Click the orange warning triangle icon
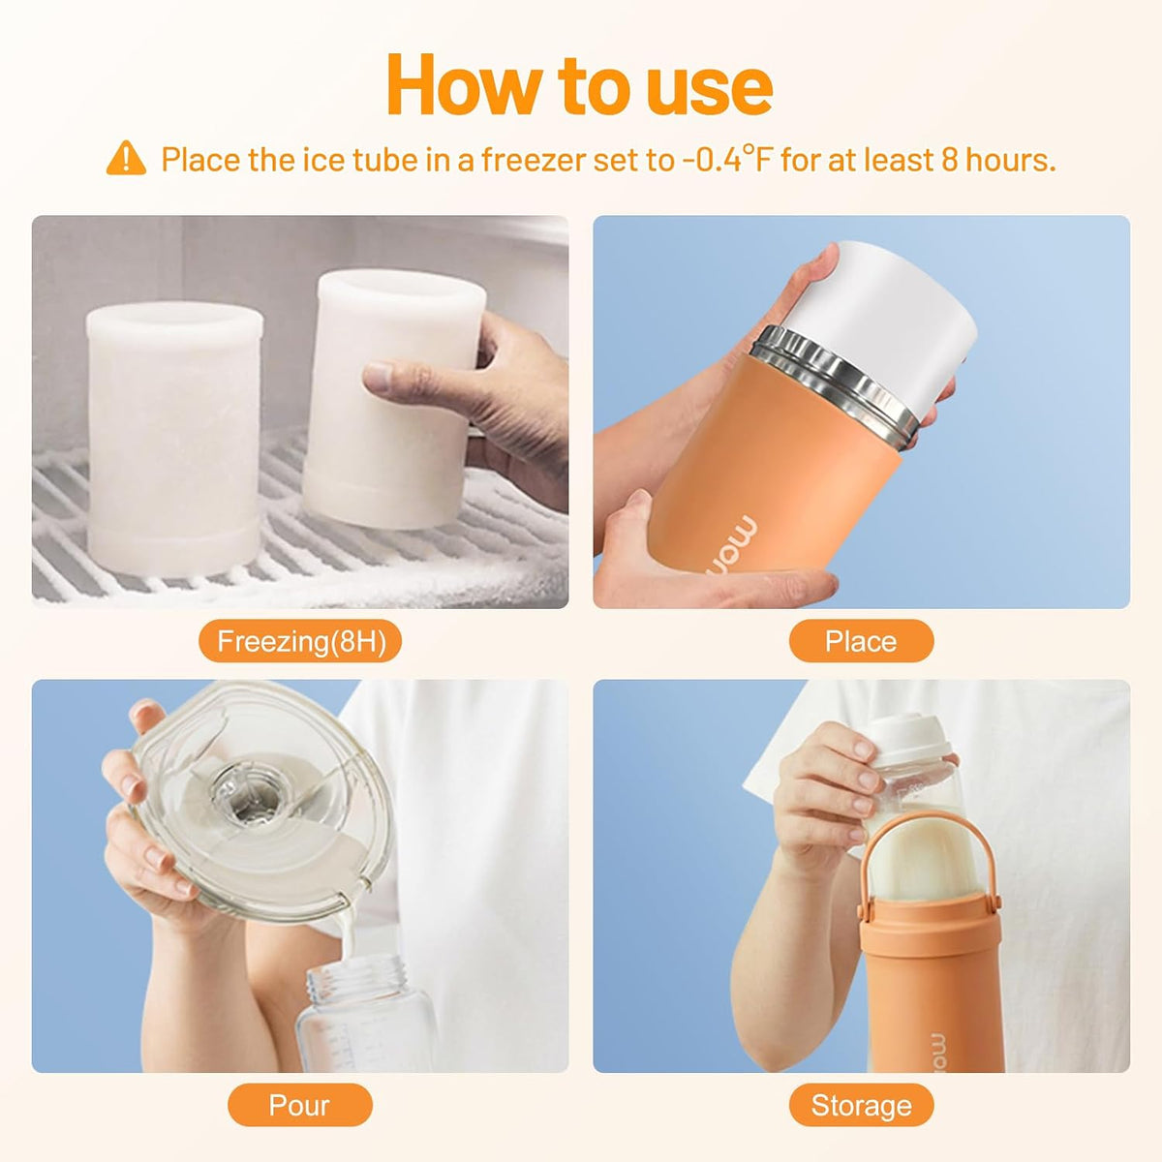pyautogui.click(x=126, y=159)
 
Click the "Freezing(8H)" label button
pyautogui.click(x=300, y=641)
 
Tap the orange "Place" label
pyautogui.click(x=861, y=641)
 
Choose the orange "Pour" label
pyautogui.click(x=299, y=1105)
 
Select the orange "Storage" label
pyautogui.click(x=861, y=1105)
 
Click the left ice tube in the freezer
pyautogui.click(x=175, y=439)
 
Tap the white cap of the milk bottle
pyautogui.click(x=903, y=740)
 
